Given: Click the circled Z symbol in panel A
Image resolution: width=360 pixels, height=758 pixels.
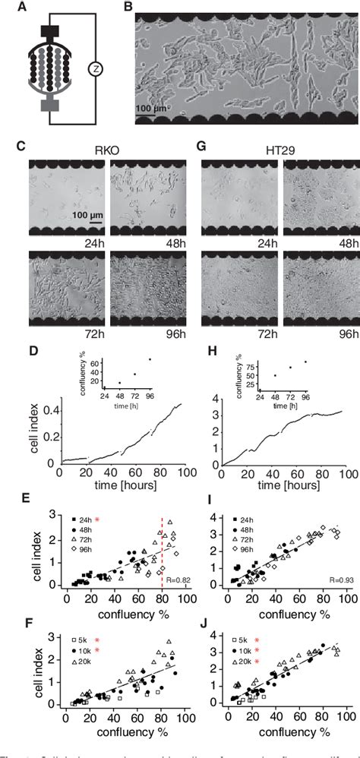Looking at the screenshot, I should tap(93, 70).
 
